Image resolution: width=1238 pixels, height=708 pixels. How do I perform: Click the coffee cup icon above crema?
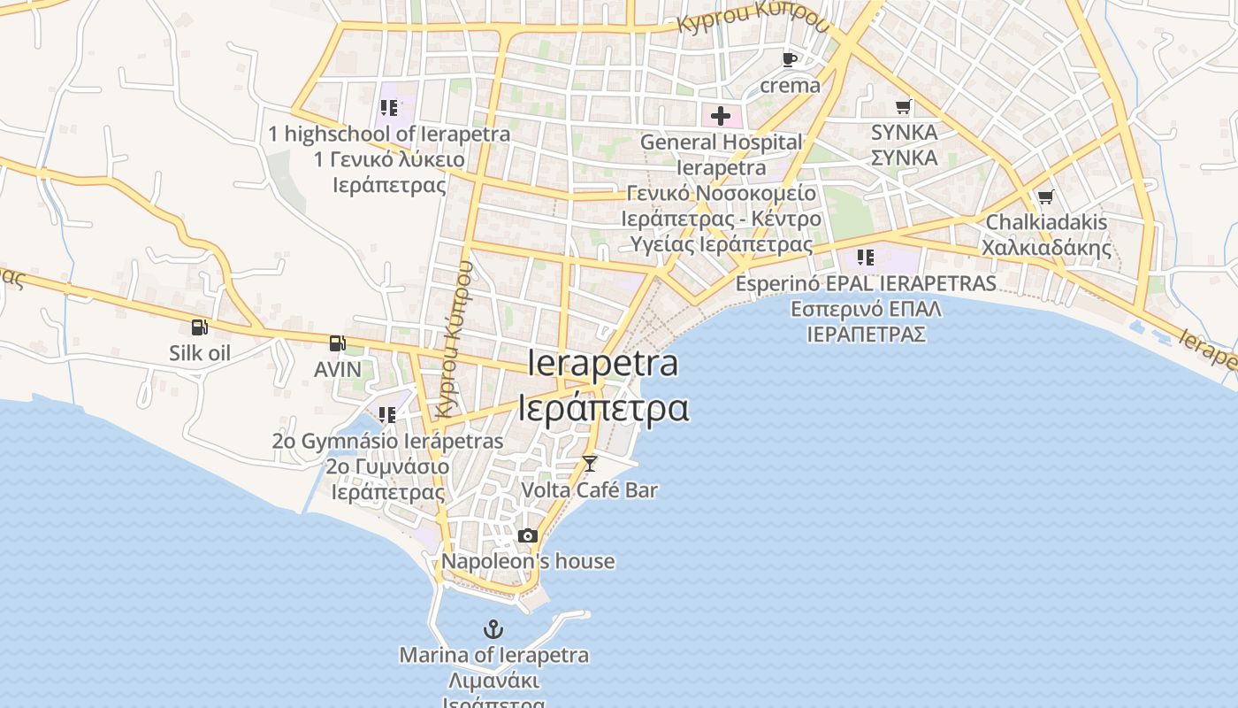(790, 59)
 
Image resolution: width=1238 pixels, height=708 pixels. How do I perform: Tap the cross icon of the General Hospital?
(721, 116)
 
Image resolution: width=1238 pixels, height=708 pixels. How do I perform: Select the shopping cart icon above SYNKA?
(903, 107)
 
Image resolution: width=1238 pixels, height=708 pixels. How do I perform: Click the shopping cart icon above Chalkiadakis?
(1045, 196)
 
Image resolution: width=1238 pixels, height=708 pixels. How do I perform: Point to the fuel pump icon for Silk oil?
(200, 327)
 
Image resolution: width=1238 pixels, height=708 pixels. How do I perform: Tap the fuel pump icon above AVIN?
(337, 343)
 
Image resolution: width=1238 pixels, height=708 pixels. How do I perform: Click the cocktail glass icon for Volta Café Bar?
(590, 463)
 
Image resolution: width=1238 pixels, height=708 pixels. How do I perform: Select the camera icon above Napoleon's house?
(528, 535)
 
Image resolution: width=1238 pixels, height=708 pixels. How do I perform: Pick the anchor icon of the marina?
(493, 629)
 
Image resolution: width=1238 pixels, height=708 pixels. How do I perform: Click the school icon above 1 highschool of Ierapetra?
(389, 108)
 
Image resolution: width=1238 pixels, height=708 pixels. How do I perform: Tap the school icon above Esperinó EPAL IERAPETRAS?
(866, 258)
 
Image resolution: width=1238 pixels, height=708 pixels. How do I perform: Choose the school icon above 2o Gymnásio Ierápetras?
(387, 414)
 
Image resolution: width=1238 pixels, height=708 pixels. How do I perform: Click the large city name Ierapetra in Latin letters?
(603, 363)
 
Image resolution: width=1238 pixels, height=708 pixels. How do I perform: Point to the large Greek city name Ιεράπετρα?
(603, 408)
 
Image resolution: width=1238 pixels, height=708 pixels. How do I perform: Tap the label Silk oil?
(200, 353)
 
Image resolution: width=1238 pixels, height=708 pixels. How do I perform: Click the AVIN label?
(338, 369)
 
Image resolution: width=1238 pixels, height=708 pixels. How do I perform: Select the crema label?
(790, 86)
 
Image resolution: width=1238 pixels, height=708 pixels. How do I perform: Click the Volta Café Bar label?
(590, 489)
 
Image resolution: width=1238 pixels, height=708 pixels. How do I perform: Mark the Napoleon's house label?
(528, 561)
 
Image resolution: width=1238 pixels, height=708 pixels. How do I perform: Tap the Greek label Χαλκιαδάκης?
(1046, 248)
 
